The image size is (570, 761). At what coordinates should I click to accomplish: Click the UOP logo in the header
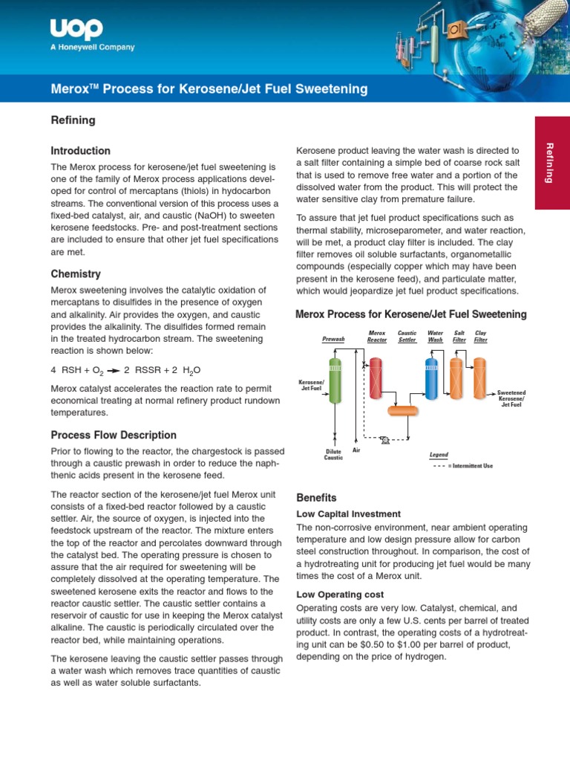pos(76,30)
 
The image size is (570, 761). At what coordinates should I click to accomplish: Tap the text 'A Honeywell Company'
pos(93,48)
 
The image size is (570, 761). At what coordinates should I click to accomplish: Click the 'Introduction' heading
pos(80,151)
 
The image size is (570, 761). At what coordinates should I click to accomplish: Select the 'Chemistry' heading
pos(75,274)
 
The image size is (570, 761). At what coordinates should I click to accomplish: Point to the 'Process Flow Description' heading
pos(113,435)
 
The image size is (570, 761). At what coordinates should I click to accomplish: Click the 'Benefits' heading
pos(316,498)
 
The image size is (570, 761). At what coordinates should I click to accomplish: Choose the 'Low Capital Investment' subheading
pos(348,514)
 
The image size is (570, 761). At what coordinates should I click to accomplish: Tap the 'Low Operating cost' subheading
pos(340,595)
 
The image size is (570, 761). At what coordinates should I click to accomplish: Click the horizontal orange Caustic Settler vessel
pos(403,410)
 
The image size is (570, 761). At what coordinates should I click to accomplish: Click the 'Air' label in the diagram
pos(356,450)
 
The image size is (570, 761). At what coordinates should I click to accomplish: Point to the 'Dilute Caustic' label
pos(333,454)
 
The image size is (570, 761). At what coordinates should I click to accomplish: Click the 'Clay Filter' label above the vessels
pos(481,337)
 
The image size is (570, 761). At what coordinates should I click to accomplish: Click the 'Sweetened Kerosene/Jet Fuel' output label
pos(511,398)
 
